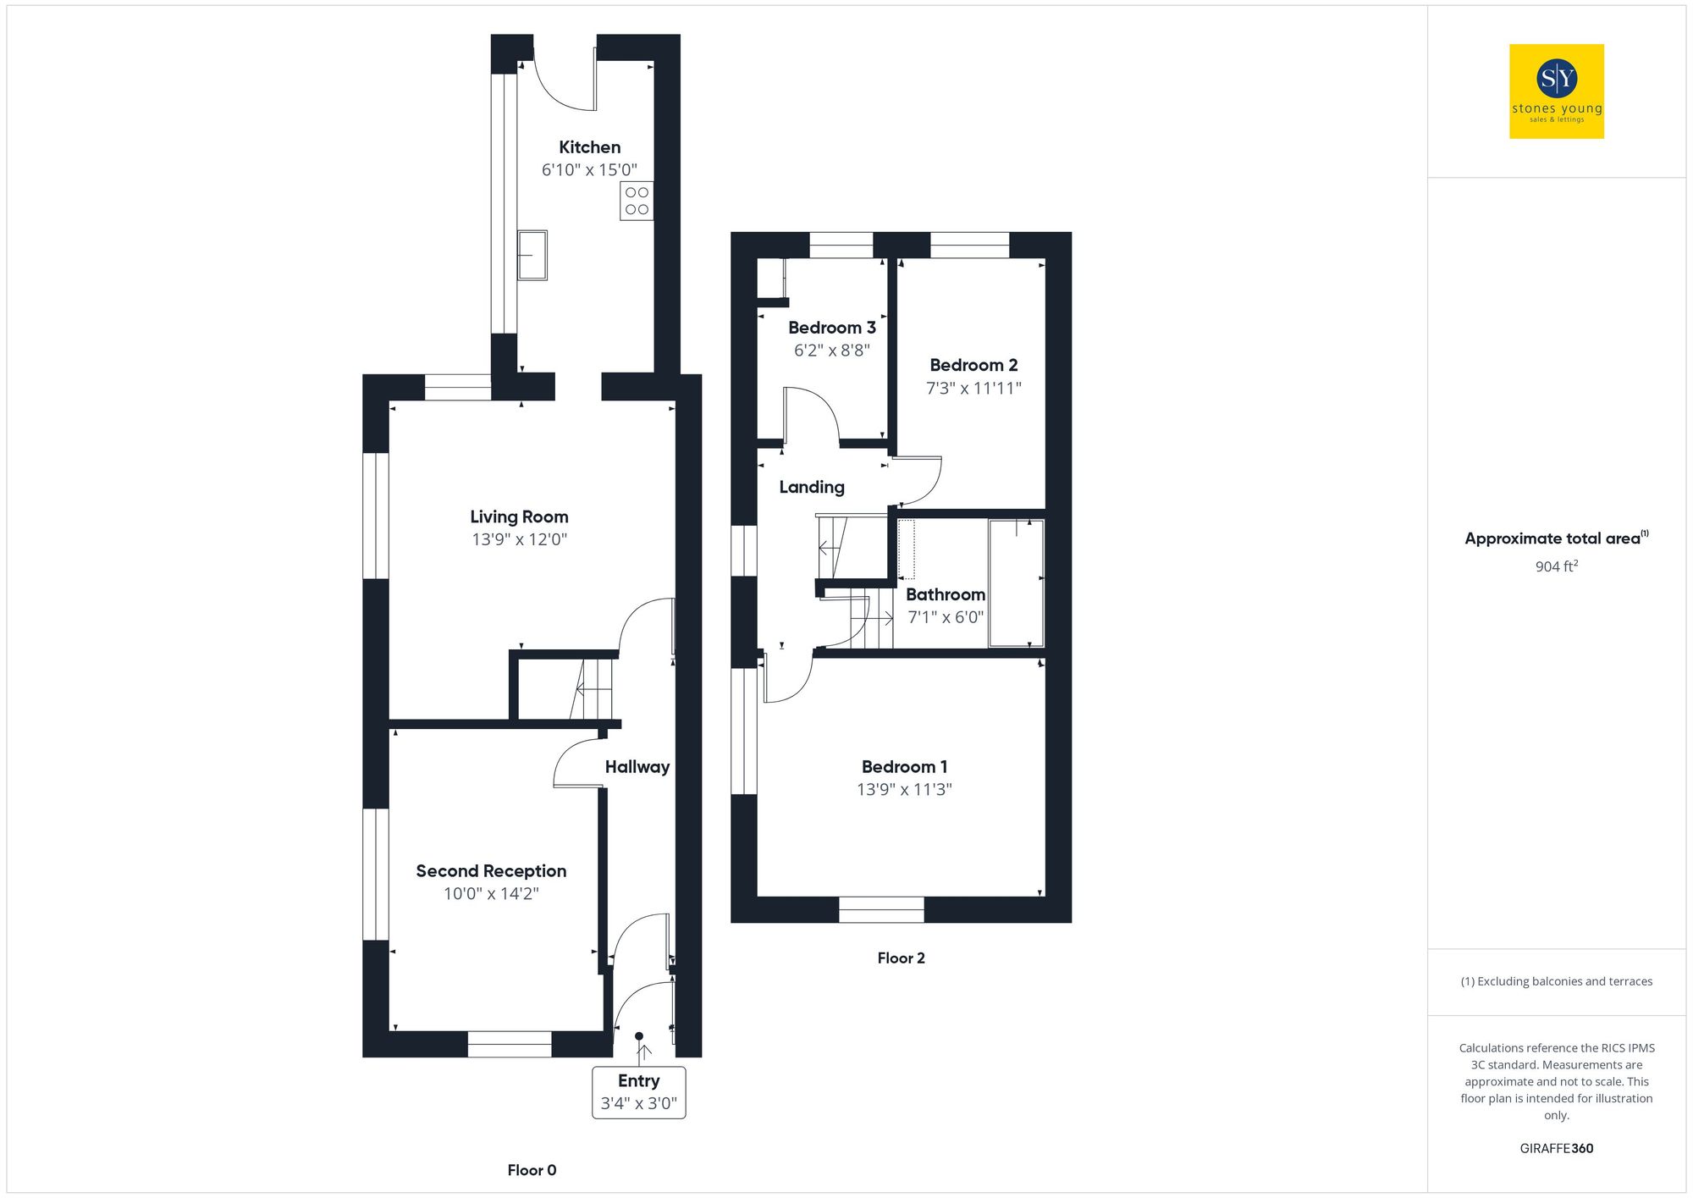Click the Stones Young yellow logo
1556,91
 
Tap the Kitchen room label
589,147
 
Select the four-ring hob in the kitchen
637,201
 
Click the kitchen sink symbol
532,255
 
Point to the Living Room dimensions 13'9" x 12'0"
519,539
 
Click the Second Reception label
491,870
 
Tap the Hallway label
637,767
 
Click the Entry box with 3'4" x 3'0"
638,1092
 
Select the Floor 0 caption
532,1170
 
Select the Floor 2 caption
901,958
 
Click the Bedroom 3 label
831,328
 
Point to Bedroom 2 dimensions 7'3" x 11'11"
973,388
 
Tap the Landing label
811,487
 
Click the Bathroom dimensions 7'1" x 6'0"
946,617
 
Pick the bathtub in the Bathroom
1016,582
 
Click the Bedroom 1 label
904,766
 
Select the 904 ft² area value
1556,566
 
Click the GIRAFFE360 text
1556,1148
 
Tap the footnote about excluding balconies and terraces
1556,981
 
